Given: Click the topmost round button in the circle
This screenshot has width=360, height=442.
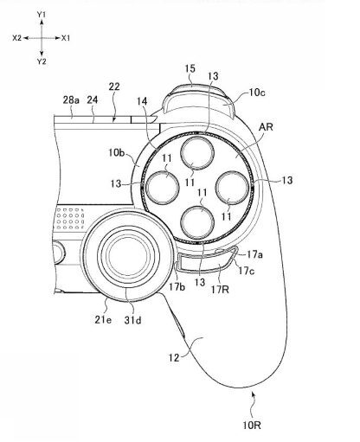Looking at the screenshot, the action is coord(197,153).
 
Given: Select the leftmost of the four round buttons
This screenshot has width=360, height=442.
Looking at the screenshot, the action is coord(163,188).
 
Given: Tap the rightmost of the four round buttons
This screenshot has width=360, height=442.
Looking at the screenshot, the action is coord(232,188).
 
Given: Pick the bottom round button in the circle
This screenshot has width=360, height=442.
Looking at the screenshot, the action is coord(197,222).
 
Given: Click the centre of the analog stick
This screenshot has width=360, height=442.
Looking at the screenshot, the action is coord(128,255).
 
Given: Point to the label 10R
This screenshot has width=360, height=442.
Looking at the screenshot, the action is coord(252,426).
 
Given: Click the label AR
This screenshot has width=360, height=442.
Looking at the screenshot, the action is coord(266,127).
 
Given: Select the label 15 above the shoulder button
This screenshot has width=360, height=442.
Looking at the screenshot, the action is coord(190,68).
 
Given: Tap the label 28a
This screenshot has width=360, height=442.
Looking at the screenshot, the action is coord(71,100).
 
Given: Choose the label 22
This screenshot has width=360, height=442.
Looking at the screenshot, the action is coord(114,86).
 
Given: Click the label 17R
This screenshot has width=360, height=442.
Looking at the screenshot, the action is coord(220,289).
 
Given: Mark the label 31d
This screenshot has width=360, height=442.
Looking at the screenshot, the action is coord(132,320).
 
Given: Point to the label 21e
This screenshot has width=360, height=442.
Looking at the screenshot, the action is coord(103,320).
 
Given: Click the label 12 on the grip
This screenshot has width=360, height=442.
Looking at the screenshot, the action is coord(174,358).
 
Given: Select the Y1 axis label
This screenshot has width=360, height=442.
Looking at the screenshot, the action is coord(42,15).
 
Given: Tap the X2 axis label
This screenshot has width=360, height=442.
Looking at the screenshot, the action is coord(17,38).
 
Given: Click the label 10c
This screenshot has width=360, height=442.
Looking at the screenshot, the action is coord(257,93).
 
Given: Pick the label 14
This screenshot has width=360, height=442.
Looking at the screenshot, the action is coord(142,101).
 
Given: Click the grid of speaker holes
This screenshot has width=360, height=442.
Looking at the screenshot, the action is coord(70,218).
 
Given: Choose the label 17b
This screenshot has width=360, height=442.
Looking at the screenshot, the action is coord(177,287).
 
